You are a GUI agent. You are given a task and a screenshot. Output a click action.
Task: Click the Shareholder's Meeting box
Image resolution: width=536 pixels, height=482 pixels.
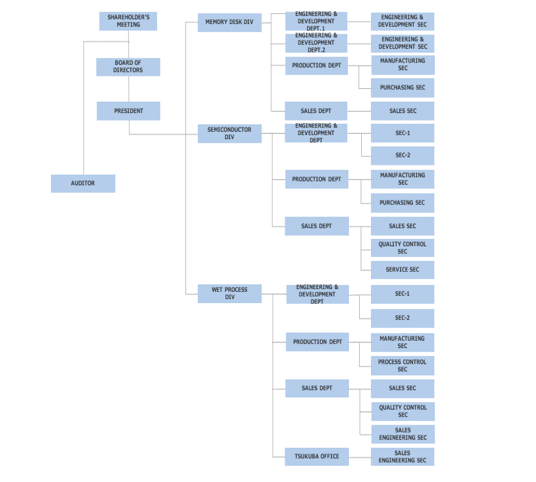128,21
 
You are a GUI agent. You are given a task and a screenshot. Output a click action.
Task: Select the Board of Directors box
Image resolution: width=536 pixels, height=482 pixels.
128,67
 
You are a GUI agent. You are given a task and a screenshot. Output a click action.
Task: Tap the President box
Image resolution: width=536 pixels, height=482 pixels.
129,111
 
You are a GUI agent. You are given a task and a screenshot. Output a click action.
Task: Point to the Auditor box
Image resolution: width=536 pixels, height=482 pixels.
83,184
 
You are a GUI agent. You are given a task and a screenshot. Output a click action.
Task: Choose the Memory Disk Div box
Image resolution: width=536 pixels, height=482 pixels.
230,22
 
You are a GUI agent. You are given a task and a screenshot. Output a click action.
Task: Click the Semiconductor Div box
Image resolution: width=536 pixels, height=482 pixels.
230,133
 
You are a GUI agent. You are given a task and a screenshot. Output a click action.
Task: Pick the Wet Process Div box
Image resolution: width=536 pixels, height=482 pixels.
230,294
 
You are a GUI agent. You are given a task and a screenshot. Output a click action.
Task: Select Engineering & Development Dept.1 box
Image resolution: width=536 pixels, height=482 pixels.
316,21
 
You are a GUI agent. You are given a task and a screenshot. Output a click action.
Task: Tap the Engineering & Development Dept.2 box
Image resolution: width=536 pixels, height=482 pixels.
316,43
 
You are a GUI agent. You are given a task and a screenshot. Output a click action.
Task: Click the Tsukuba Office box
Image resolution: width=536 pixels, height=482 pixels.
317,457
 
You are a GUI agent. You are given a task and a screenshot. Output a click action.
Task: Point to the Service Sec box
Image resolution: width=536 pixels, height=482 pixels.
403,270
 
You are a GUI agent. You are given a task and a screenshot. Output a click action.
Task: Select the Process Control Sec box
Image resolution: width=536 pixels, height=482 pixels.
403,366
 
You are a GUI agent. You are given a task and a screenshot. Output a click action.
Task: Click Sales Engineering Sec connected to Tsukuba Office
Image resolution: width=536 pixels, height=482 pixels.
403,457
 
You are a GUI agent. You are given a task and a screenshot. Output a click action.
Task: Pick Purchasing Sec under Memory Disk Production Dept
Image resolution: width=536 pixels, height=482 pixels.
403,88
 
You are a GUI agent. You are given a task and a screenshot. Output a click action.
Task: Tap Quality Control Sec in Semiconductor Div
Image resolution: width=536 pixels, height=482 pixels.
403,248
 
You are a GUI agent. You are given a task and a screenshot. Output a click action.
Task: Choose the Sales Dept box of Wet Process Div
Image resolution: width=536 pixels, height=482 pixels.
317,388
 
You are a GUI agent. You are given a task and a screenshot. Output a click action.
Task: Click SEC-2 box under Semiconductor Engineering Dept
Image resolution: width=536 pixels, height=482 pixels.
403,156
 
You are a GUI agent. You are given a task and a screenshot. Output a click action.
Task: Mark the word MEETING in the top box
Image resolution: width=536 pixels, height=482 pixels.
129,25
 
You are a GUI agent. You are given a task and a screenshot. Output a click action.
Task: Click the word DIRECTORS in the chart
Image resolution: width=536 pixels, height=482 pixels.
128,70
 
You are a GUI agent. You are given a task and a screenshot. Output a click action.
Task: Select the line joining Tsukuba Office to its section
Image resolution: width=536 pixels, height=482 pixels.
360,457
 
